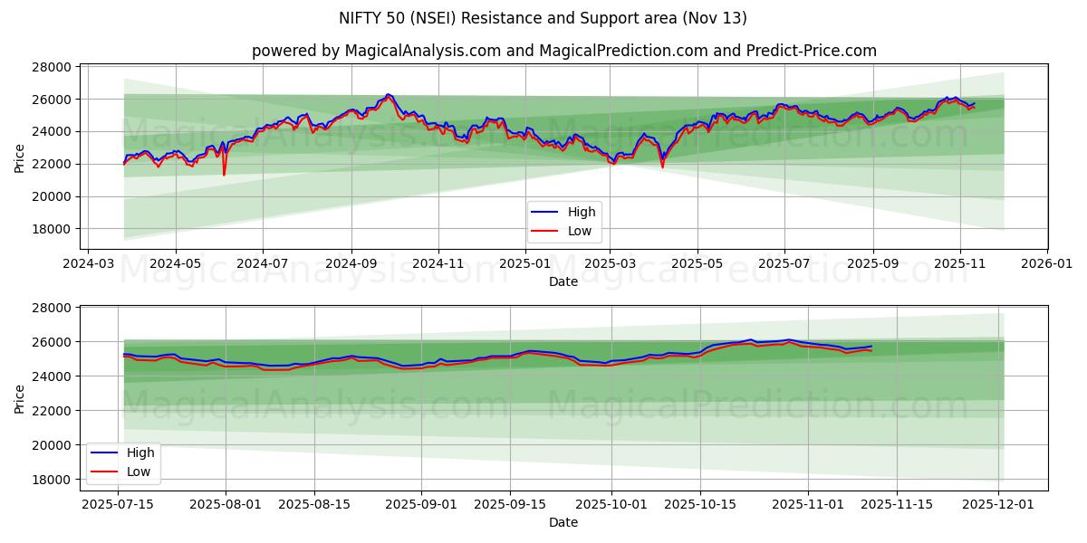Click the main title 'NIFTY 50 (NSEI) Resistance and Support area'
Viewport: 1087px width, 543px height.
[543, 18]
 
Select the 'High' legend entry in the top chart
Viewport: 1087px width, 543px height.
[581, 212]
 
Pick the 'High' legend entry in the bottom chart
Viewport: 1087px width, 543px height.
[139, 452]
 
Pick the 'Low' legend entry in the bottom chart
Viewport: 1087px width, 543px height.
[139, 472]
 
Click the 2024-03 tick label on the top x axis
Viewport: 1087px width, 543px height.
[87, 264]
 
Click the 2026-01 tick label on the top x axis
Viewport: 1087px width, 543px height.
[1046, 264]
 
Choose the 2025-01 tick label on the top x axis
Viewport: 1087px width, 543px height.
[525, 264]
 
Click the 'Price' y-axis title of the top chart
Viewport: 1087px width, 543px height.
[20, 157]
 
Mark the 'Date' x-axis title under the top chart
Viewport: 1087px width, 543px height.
[563, 281]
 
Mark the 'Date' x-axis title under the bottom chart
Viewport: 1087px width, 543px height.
[563, 522]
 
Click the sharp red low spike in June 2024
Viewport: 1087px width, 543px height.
[224, 174]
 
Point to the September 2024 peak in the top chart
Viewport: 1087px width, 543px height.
[388, 94]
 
